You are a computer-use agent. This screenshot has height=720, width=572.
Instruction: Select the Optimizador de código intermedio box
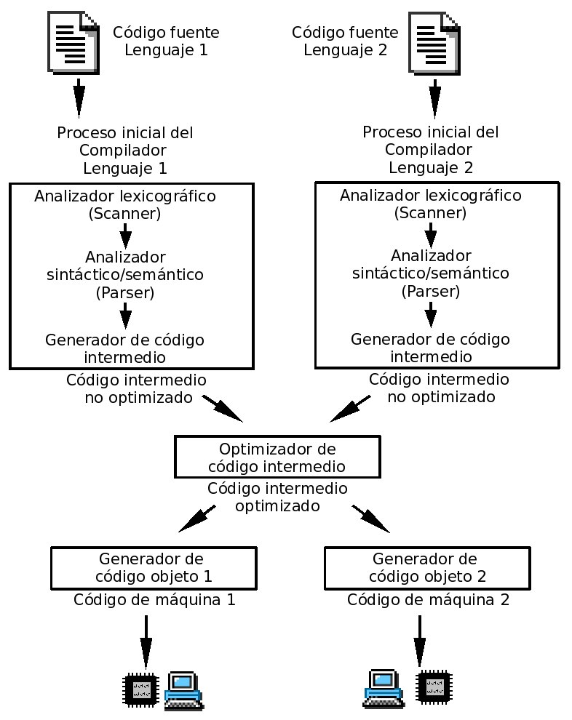[x=277, y=457]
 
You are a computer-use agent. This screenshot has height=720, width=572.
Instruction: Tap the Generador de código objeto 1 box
[x=154, y=568]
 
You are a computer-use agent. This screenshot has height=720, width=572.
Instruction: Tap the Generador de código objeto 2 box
[x=427, y=568]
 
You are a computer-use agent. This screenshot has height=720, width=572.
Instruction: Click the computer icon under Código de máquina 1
[x=183, y=690]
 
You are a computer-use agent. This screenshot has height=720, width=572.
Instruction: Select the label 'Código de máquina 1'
[x=154, y=600]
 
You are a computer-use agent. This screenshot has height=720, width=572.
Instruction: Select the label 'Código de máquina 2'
[x=428, y=600]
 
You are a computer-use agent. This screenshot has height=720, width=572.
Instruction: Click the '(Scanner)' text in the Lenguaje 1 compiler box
[x=125, y=214]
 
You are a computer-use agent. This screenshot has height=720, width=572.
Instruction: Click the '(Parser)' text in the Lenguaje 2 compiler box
[x=430, y=291]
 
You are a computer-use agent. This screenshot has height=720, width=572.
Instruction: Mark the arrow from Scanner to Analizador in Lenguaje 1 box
[x=125, y=236]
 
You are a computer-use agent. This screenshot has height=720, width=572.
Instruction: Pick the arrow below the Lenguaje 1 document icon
[x=79, y=99]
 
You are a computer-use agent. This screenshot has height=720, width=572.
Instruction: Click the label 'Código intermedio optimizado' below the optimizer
[x=277, y=497]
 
